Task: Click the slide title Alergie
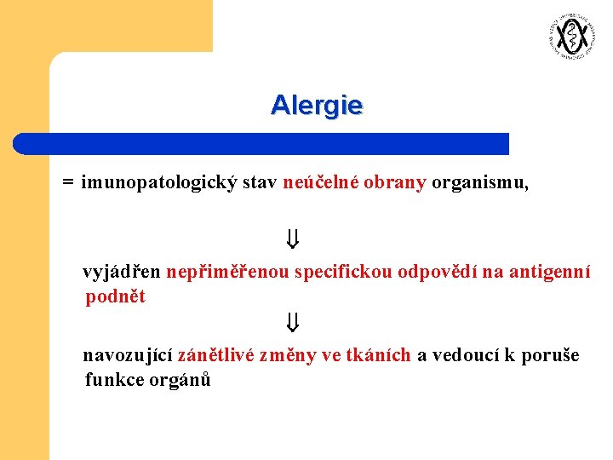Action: coord(317,105)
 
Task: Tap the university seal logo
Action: coord(570,37)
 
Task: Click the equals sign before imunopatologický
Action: coord(67,183)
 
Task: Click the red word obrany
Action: coord(395,183)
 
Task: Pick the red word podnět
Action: coord(116,297)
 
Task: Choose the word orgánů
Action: coord(181,380)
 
